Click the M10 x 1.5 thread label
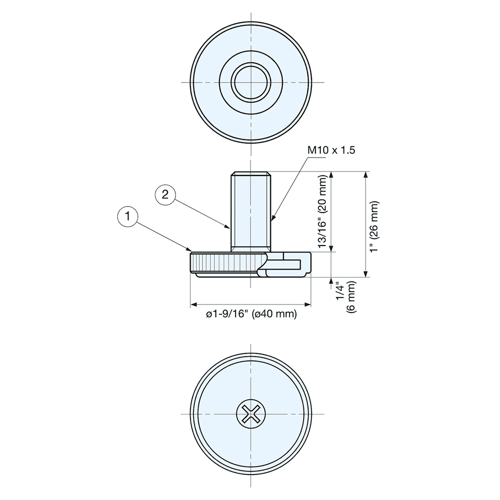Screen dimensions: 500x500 coord(331,150)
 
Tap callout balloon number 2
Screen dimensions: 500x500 coord(165,194)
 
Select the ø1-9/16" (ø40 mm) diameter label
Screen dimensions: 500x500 coord(251,314)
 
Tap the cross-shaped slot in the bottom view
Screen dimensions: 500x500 coord(250,414)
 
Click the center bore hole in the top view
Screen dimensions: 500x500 coord(250,82)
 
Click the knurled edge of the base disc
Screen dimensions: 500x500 coord(225,262)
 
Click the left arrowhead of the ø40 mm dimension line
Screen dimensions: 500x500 coord(193,304)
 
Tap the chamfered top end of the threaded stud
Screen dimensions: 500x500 coord(250,174)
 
